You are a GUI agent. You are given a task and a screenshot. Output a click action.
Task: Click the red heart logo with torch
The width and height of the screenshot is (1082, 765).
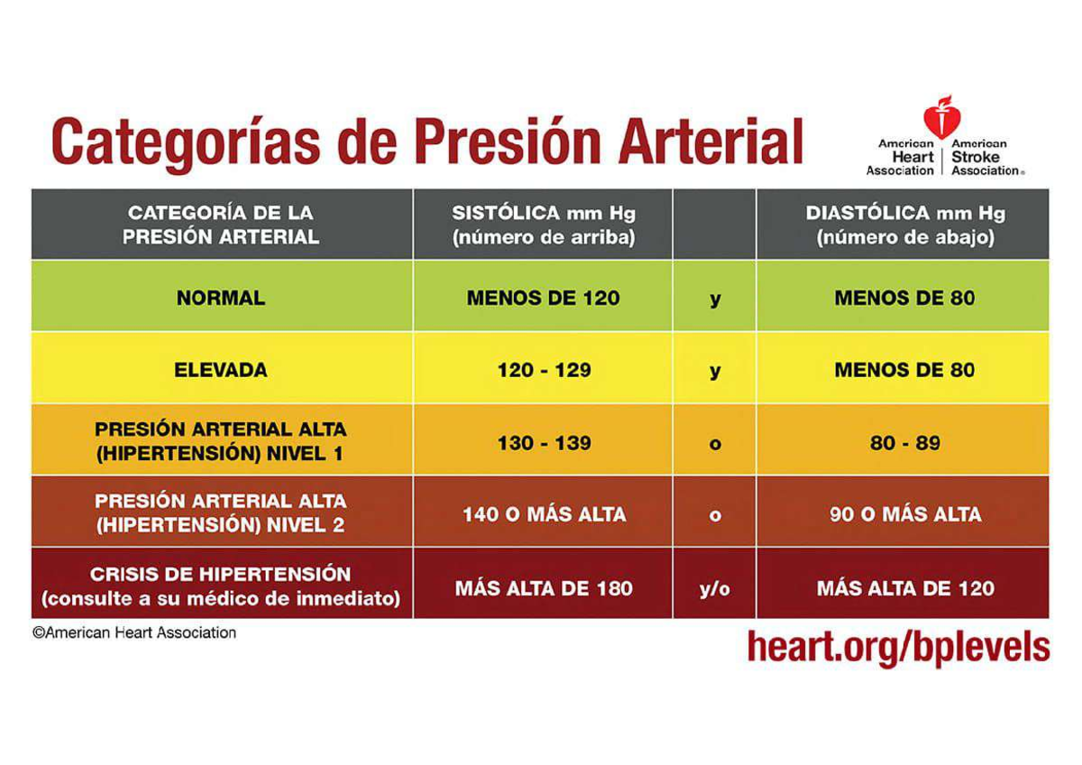[x=941, y=116]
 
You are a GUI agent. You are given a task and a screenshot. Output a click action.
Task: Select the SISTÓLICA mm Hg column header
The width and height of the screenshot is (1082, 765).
[x=543, y=226]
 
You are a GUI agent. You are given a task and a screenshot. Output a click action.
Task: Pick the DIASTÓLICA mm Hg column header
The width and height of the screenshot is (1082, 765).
[x=904, y=226]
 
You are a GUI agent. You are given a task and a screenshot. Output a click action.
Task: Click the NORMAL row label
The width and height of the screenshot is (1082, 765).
[x=221, y=298]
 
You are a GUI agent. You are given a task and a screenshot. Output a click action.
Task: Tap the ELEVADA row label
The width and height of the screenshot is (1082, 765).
[x=221, y=370]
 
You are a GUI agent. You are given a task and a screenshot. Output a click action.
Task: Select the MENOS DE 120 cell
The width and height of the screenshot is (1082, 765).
[x=543, y=298]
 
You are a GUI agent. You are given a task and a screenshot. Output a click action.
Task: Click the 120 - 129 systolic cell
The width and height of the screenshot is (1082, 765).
[x=543, y=370]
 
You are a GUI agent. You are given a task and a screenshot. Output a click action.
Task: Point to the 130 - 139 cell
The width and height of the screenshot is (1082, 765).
[x=543, y=443]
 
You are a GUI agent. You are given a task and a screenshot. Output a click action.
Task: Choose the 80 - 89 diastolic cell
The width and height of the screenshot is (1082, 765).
[x=904, y=443]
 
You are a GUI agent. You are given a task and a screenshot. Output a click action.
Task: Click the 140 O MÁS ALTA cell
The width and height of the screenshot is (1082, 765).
[x=543, y=514]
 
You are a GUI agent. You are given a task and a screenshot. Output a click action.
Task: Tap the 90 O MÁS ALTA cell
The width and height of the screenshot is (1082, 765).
[x=904, y=514]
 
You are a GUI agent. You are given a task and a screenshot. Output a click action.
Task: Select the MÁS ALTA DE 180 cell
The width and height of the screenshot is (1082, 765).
[x=543, y=588]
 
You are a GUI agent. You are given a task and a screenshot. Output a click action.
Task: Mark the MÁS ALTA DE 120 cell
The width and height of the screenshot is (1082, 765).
[x=904, y=588]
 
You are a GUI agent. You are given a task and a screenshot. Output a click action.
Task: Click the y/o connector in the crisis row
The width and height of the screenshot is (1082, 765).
[x=714, y=588]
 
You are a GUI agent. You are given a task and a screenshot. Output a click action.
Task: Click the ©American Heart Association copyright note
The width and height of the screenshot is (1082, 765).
[x=134, y=633]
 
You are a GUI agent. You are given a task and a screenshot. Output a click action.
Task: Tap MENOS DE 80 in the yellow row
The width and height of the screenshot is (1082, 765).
[x=904, y=370]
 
